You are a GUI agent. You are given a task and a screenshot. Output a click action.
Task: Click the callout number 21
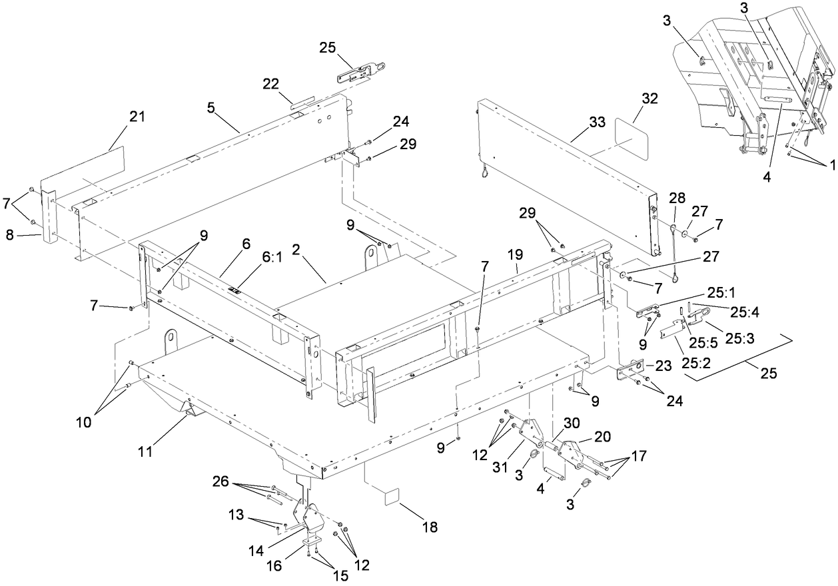coord(137,117)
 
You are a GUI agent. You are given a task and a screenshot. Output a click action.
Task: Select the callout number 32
coord(631,99)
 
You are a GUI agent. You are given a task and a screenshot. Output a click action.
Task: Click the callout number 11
coord(145,452)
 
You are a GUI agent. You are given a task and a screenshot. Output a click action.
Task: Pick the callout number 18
coord(430,527)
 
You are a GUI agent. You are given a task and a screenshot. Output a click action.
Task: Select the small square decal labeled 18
coord(390,496)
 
